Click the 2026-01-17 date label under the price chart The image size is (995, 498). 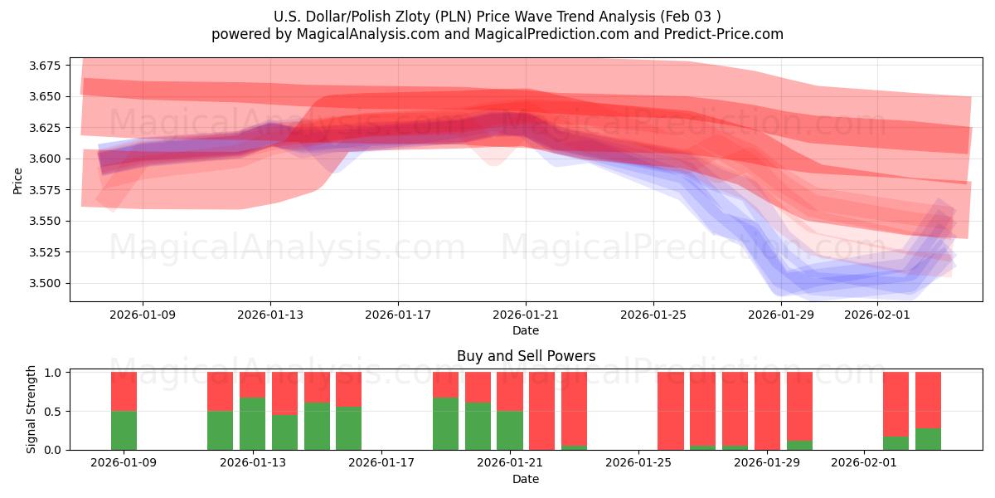click(398, 315)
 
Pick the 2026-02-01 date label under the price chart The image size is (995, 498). click(876, 315)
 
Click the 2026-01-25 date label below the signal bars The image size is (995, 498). click(639, 463)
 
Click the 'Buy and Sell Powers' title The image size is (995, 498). click(526, 356)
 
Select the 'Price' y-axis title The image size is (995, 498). click(18, 179)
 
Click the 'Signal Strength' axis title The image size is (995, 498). click(32, 409)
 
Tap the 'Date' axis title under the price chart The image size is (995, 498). click(526, 330)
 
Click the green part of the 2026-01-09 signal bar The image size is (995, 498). click(124, 430)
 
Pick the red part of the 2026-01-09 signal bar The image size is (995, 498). click(124, 391)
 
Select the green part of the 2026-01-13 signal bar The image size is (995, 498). click(252, 423)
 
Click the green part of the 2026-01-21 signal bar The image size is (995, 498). click(509, 430)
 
